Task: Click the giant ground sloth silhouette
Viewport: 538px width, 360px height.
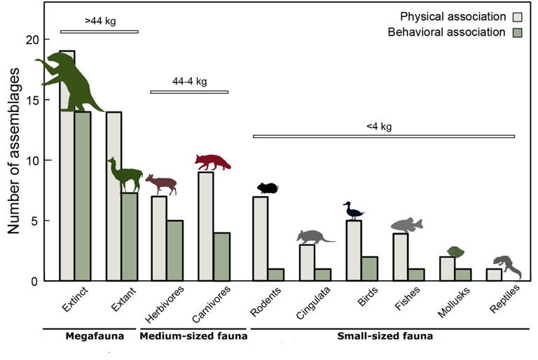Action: point(70,82)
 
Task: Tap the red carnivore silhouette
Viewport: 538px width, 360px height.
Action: point(212,162)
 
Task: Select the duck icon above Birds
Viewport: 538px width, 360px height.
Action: point(353,211)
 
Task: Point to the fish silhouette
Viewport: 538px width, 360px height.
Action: point(406,225)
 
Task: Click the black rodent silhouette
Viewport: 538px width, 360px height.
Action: point(268,188)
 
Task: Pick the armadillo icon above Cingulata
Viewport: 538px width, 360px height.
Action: point(315,237)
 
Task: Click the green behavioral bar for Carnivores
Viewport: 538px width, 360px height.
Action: point(221,256)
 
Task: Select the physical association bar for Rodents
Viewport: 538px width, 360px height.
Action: point(260,238)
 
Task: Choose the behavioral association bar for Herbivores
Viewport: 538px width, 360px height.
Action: point(174,250)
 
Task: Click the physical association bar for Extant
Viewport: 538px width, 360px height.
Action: point(113,196)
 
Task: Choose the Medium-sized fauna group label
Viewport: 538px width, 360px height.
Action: point(193,337)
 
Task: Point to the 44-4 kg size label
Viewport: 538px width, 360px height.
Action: point(189,82)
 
